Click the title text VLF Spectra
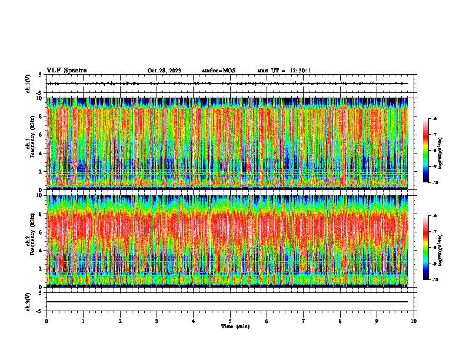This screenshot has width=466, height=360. (x=66, y=71)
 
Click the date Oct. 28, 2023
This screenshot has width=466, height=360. (x=164, y=71)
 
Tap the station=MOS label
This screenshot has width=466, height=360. (x=218, y=71)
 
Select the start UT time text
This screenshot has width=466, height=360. (x=284, y=71)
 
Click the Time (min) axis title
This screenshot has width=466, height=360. (x=235, y=326)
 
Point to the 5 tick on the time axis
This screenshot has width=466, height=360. (x=230, y=321)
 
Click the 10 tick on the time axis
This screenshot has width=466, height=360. (x=414, y=321)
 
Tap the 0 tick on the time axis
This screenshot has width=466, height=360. (x=46, y=321)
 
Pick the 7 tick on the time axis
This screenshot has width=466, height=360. (x=304, y=321)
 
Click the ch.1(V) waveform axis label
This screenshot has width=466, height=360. (x=28, y=84)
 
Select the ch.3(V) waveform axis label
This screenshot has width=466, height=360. (x=28, y=301)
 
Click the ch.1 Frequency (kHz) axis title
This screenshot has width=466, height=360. (x=29, y=143)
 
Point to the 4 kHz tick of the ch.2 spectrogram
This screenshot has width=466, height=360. (x=40, y=250)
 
